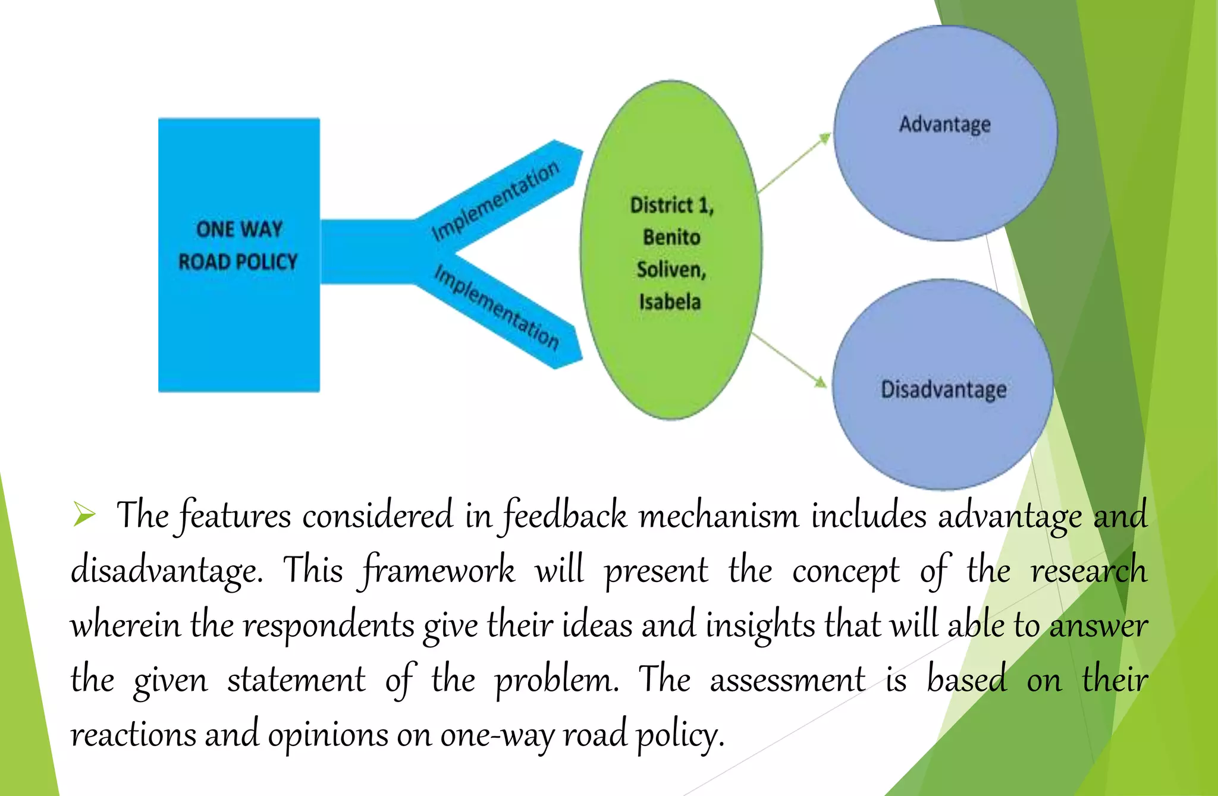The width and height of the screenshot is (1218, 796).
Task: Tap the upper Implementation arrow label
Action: (x=495, y=200)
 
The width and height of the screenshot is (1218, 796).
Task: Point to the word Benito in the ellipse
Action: (x=671, y=237)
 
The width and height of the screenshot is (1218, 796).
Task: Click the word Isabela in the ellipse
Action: (x=670, y=302)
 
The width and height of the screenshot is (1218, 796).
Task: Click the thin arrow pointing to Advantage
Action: (x=795, y=163)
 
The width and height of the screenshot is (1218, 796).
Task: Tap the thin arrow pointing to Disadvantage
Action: (x=790, y=360)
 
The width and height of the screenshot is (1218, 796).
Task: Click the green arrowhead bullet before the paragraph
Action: (x=84, y=514)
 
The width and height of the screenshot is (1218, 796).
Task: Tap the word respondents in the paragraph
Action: (x=328, y=625)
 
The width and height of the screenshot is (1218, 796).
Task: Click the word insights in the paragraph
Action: (x=760, y=625)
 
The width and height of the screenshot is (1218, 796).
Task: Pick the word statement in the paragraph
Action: (x=296, y=680)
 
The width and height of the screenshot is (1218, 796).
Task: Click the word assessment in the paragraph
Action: (x=787, y=680)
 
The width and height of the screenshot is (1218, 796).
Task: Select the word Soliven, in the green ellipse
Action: (x=671, y=269)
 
